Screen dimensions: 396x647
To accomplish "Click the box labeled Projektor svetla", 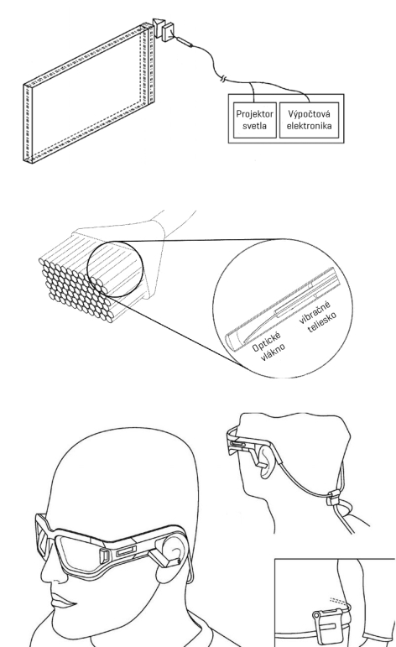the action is [254, 120].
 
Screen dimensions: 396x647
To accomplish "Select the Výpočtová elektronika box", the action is [310, 120].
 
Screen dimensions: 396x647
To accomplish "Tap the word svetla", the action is [254, 126].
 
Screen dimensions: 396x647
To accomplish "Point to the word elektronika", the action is [310, 126].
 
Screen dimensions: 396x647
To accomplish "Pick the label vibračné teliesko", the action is [317, 318].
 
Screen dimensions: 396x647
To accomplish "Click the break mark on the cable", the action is [223, 78].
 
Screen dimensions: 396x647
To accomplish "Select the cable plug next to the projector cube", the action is [184, 41].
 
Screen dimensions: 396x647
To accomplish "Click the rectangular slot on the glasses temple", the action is [126, 550].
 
